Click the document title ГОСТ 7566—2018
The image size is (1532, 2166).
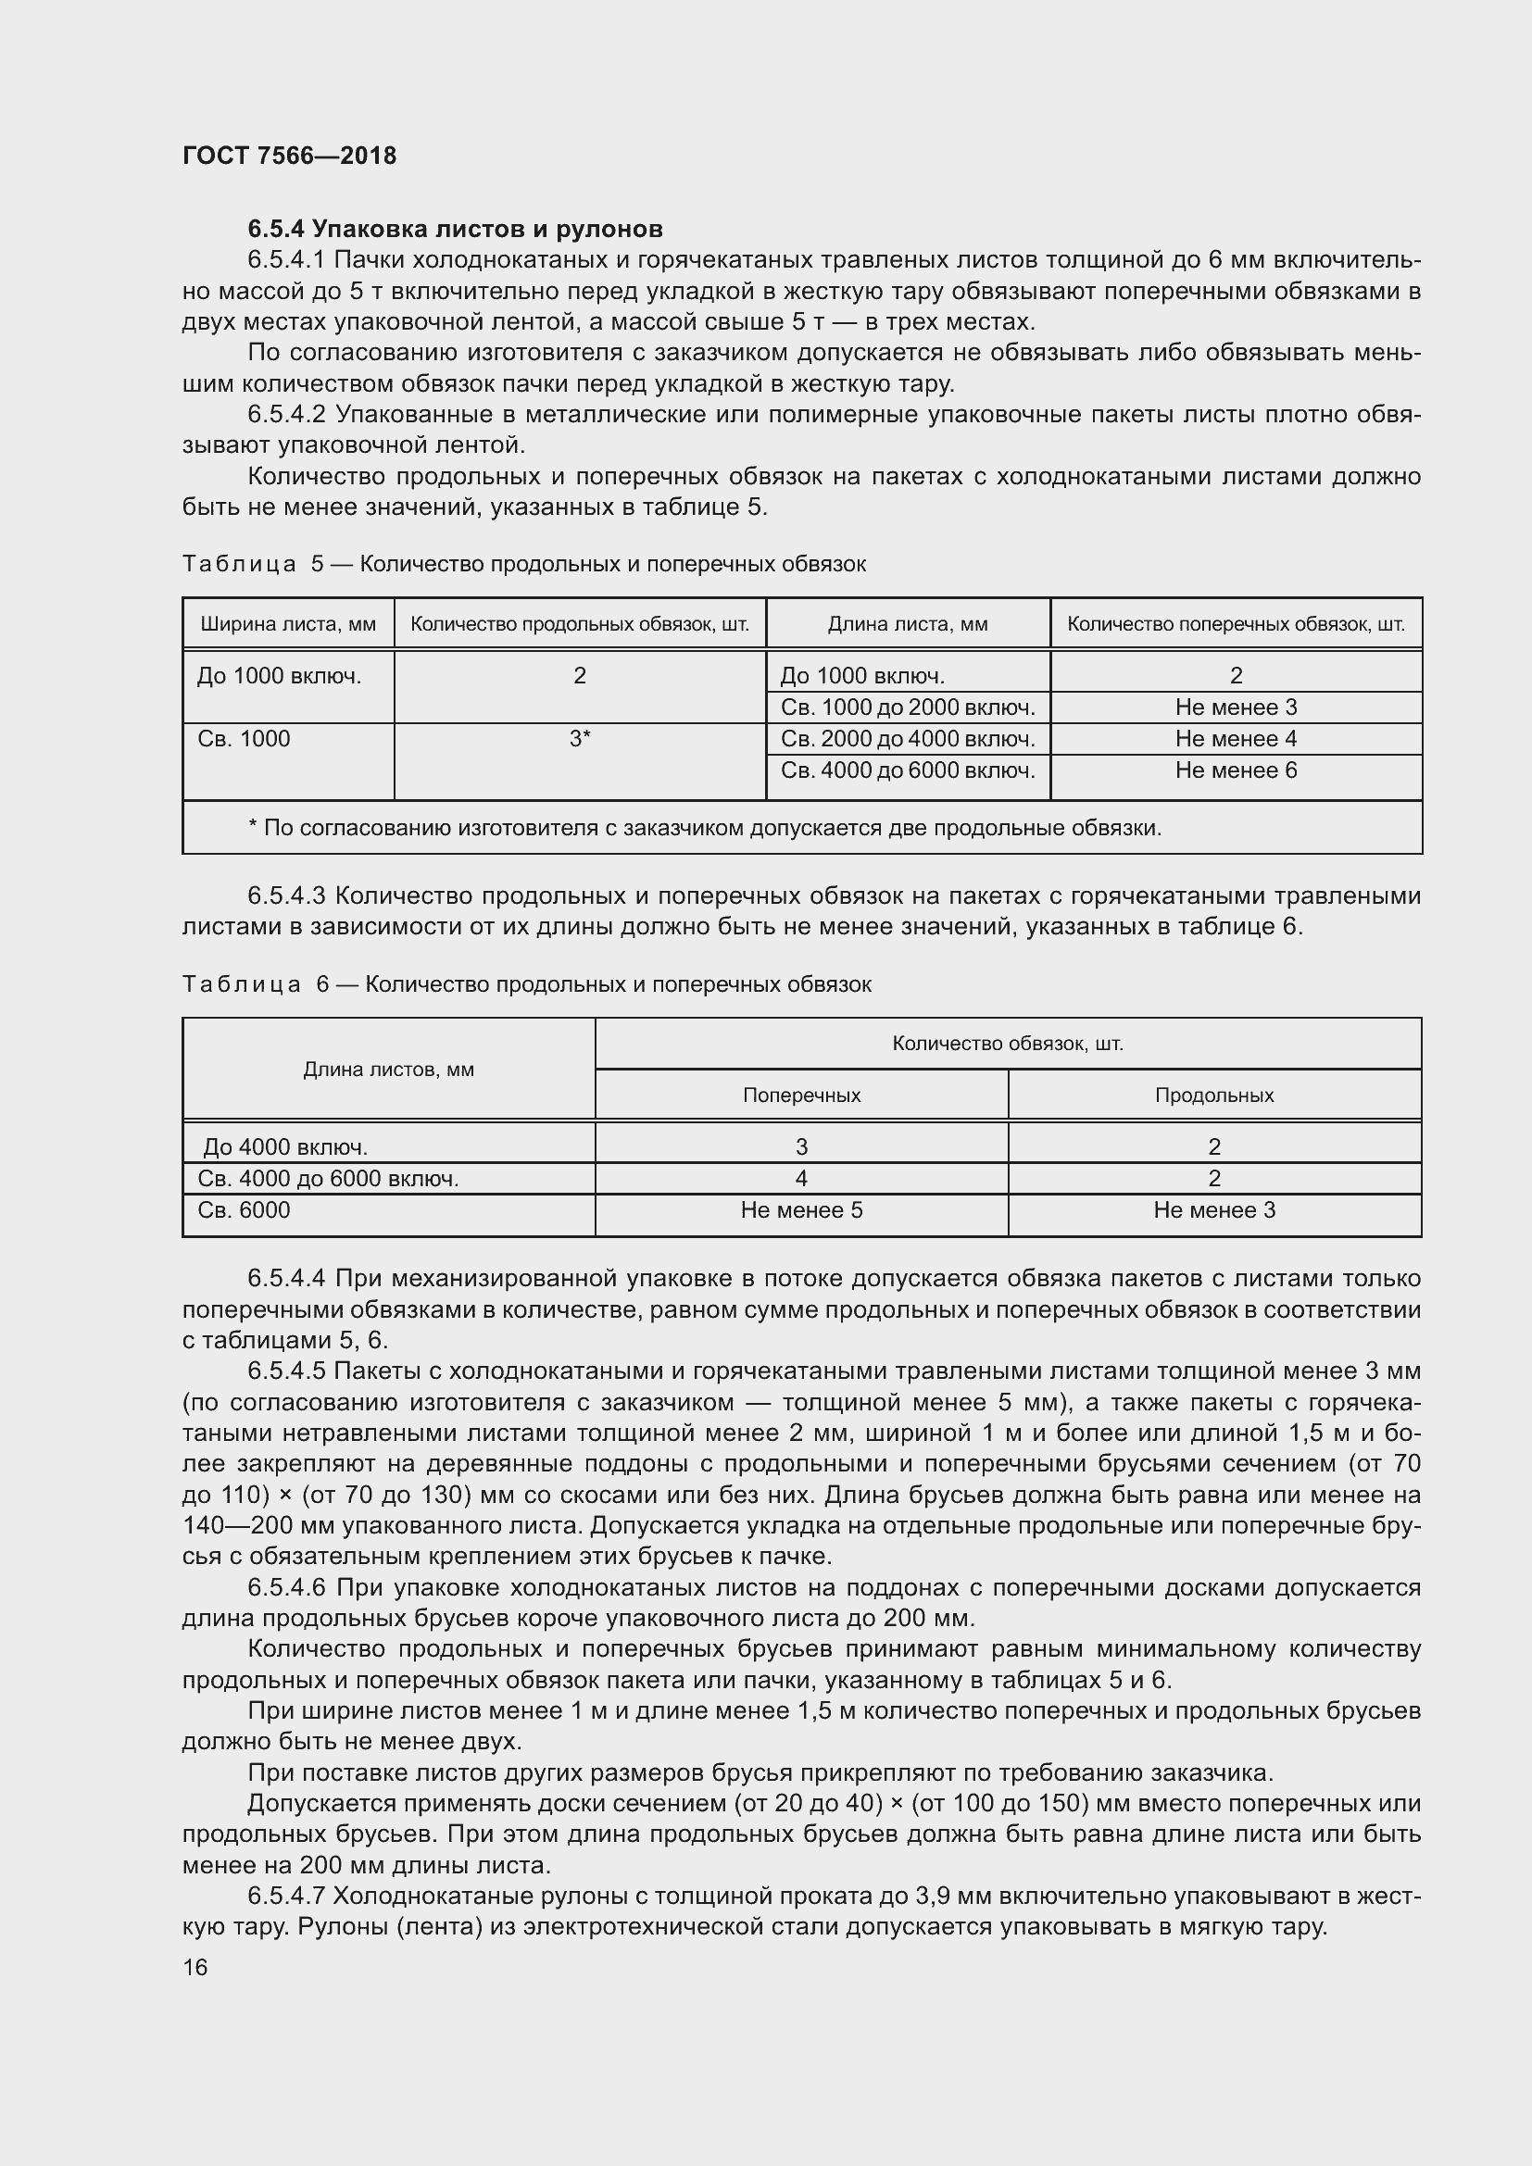click(x=290, y=156)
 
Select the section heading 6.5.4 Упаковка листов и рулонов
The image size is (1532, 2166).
click(x=455, y=229)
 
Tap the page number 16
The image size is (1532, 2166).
click(x=195, y=1967)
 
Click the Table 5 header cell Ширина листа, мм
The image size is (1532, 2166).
click(x=288, y=623)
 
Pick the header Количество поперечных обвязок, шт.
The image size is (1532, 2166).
click(x=1236, y=623)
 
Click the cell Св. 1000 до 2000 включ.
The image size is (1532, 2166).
click(x=908, y=707)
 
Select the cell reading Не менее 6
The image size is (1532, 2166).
click(x=1236, y=770)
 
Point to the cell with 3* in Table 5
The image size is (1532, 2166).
click(x=579, y=739)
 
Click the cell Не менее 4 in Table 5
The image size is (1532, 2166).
click(x=1236, y=739)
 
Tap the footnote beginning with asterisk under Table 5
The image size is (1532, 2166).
click(x=704, y=828)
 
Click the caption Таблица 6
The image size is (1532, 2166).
click(x=242, y=985)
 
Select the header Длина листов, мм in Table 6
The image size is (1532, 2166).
click(x=388, y=1070)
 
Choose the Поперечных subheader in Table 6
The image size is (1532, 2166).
click(x=801, y=1096)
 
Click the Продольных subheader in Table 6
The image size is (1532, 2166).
click(x=1214, y=1096)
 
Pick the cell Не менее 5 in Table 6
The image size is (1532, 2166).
click(x=801, y=1210)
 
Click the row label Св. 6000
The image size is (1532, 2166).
click(x=245, y=1210)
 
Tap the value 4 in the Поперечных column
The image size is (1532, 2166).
click(x=801, y=1178)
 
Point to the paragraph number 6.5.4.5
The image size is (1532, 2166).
click(x=287, y=1371)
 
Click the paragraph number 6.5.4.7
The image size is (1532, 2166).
click(x=287, y=1897)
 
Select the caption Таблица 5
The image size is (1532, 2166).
click(x=240, y=564)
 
